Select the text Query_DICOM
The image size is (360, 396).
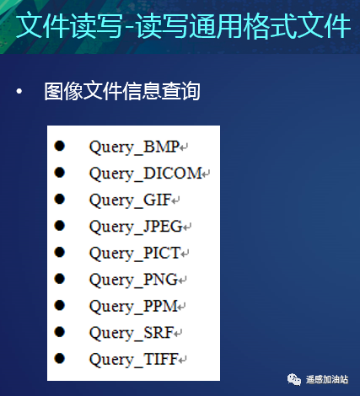pos(146,174)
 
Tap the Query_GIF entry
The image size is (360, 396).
pos(131,201)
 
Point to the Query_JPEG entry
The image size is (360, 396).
pos(136,227)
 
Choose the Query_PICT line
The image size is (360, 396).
pos(135,253)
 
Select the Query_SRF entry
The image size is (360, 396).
pos(132,332)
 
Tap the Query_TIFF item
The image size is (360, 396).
pos(134,359)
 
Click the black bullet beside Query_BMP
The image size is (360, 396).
pos(60,146)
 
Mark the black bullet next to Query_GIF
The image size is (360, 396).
pos(60,199)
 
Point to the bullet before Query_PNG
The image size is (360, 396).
pos(60,278)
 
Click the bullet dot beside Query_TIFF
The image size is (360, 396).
pos(60,357)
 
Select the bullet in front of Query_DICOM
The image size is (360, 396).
pos(60,173)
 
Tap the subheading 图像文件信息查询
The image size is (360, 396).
pos(121,91)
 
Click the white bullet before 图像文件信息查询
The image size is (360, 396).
pos(19,91)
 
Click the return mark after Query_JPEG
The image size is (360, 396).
pos(188,227)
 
